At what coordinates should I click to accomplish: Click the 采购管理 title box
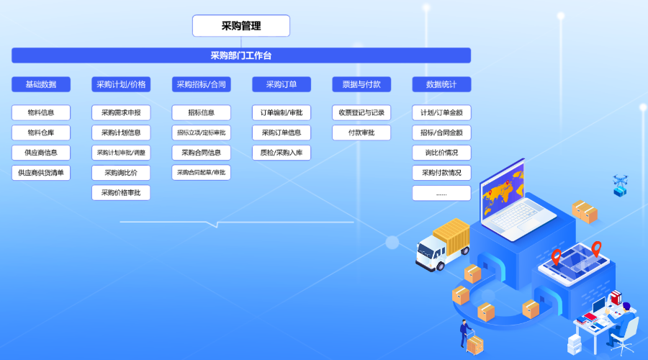pos(241,26)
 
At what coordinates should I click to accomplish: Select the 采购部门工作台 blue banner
pos(241,55)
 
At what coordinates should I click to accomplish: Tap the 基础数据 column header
pos(41,84)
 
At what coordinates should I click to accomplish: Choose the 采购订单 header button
pos(282,84)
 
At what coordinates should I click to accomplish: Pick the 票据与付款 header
pos(361,84)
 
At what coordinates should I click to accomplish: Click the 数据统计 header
pos(441,84)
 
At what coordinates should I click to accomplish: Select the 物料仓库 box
pos(41,132)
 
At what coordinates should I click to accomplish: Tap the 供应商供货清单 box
pos(41,173)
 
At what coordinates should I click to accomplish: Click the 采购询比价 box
pos(121,173)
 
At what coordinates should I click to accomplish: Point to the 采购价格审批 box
pos(121,193)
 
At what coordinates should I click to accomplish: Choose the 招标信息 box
pos(202,112)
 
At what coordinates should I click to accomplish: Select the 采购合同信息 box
pos(202,153)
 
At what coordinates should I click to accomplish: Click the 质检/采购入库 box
pos(282,153)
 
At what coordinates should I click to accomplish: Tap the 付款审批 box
pos(361,132)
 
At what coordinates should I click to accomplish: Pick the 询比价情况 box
pos(441,153)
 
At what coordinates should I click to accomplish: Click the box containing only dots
pos(441,193)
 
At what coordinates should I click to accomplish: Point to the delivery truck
pos(443,245)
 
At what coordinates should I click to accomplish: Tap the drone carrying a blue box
pos(620,185)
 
